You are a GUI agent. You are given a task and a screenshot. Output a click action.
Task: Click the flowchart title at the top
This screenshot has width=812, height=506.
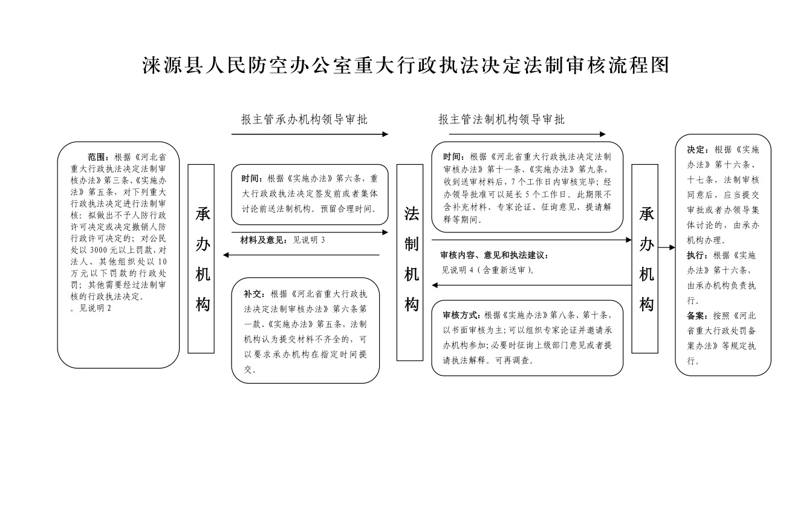[406, 65]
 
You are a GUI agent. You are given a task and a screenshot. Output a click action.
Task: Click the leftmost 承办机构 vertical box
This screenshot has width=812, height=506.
[201, 258]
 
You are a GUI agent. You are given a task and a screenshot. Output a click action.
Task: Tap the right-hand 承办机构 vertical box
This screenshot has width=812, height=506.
[645, 258]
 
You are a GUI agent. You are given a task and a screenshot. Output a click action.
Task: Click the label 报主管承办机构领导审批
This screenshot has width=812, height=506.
[304, 120]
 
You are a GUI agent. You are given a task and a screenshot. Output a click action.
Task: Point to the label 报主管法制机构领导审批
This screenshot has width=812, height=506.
[502, 120]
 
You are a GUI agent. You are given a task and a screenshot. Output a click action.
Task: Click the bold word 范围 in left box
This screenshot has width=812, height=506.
[97, 157]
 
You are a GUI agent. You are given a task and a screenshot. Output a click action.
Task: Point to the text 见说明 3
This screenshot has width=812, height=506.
[310, 240]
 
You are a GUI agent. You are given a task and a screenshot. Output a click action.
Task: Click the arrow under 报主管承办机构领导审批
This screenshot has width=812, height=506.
[310, 134]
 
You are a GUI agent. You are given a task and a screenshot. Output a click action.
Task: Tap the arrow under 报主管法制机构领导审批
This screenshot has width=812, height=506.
[527, 134]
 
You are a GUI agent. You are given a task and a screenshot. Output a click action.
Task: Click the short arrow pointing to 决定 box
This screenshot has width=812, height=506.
[666, 248]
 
